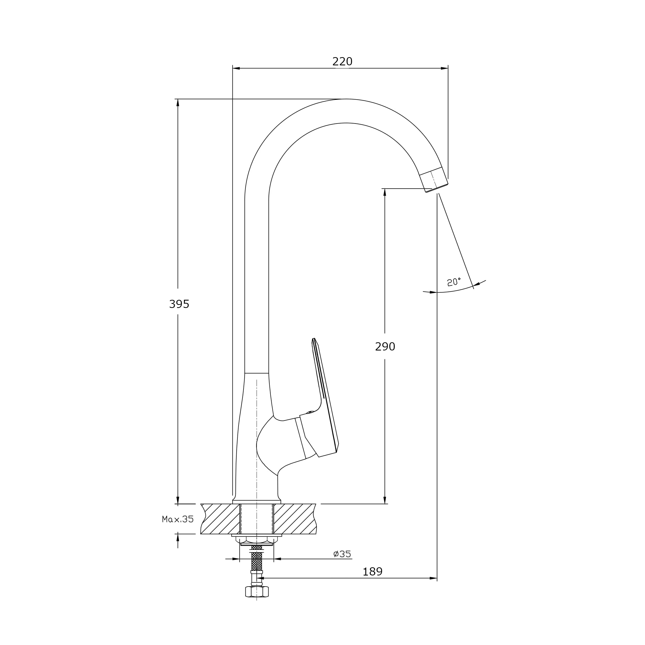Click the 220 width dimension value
[x=342, y=61]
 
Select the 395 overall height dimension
[x=179, y=304]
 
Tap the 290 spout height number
[x=385, y=347]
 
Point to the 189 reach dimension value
[x=372, y=572]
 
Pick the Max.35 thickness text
[x=178, y=519]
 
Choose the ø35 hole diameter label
[x=342, y=554]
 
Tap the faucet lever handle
[x=325, y=401]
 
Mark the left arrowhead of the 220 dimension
[x=236, y=68]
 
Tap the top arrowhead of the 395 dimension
[x=178, y=103]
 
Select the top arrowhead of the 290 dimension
[x=385, y=192]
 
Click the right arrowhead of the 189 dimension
[x=433, y=578]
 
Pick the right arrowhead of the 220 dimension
[x=444, y=68]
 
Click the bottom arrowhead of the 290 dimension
[x=385, y=500]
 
